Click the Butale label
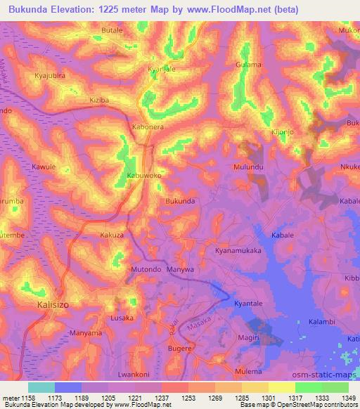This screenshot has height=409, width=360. coord(112,31)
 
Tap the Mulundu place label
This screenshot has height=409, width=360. coord(248,168)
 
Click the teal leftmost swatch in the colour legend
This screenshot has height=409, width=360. coord(41,387)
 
